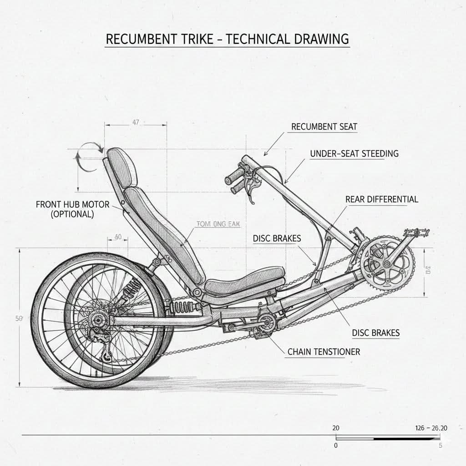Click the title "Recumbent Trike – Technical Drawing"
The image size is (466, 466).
pyautogui.click(x=227, y=39)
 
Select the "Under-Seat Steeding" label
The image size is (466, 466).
pyautogui.click(x=354, y=153)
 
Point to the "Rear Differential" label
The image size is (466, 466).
pyautogui.click(x=381, y=199)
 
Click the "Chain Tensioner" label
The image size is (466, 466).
pyautogui.click(x=324, y=351)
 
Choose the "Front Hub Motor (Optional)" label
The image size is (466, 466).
pyautogui.click(x=72, y=209)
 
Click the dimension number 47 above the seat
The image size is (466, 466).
pyautogui.click(x=135, y=122)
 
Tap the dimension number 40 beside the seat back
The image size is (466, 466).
pyautogui.click(x=118, y=237)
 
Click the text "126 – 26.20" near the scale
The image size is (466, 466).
pyautogui.click(x=431, y=428)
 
